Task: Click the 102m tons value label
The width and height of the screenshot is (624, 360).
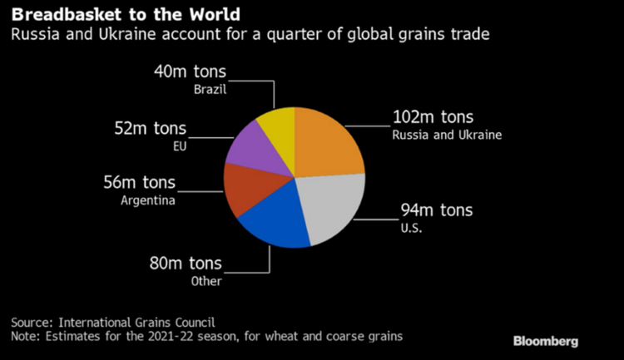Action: (x=433, y=117)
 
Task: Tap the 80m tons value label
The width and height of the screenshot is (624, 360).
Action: (x=184, y=264)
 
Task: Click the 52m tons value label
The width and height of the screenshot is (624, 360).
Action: (x=151, y=129)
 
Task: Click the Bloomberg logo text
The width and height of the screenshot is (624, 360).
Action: (x=546, y=341)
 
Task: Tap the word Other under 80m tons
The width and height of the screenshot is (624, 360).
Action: (x=208, y=281)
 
